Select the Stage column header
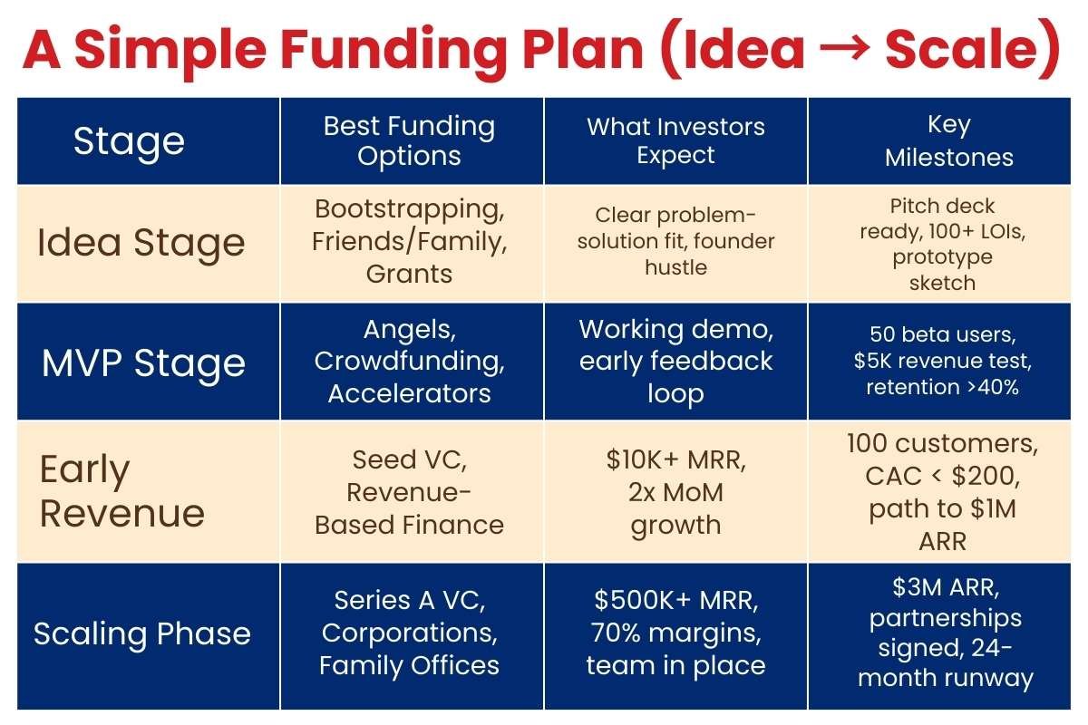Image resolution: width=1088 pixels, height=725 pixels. click(129, 141)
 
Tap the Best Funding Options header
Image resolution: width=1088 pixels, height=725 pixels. click(410, 140)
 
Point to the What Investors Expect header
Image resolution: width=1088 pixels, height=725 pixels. click(675, 140)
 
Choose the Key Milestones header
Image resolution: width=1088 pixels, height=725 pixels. click(948, 140)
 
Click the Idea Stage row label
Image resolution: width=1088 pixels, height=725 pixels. click(141, 243)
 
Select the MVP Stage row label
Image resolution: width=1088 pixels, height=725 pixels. click(143, 362)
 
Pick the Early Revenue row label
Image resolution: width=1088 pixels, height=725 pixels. click(122, 491)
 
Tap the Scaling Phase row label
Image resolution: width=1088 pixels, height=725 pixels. click(142, 633)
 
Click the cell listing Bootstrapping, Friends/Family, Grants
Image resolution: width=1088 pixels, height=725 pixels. click(410, 241)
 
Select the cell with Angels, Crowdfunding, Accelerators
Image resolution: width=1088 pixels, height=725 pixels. click(410, 361)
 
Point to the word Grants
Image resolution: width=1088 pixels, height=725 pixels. click(410, 274)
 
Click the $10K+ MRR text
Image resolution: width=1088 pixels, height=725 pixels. click(675, 459)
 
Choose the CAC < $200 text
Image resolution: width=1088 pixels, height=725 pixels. click(943, 477)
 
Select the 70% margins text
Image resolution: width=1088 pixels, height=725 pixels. click(675, 633)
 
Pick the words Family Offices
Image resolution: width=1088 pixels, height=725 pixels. click(410, 665)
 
